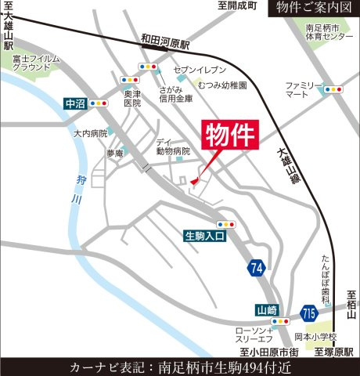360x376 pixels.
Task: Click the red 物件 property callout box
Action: [231, 136]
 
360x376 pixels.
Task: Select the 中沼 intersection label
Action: [74, 102]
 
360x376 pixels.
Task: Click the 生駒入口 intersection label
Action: [206, 234]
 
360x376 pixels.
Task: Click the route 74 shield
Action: [256, 269]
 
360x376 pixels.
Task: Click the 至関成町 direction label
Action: [237, 5]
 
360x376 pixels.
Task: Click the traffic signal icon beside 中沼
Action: [99, 102]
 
